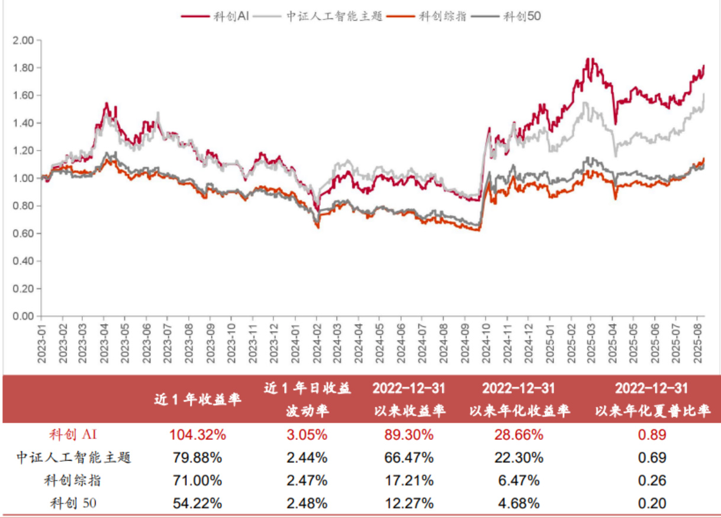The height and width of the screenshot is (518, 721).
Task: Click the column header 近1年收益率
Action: click(198, 399)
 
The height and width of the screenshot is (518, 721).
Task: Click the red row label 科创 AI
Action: click(73, 435)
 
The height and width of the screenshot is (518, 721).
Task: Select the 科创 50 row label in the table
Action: click(73, 503)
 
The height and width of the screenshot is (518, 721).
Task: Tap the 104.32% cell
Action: click(198, 435)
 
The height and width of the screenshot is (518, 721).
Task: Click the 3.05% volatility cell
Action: click(307, 435)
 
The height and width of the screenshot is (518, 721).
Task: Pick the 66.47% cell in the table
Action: click(409, 458)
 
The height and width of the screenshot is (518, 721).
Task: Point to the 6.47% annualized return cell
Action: click(519, 480)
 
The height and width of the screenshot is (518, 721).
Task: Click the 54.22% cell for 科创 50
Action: click(198, 503)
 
